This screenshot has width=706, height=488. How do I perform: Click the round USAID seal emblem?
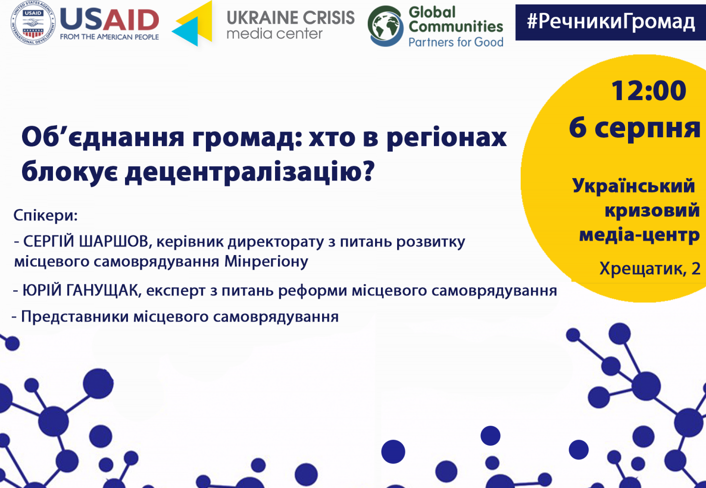[33, 23]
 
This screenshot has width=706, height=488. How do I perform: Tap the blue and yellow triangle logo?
[192, 24]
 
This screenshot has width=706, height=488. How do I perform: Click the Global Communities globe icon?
[385, 26]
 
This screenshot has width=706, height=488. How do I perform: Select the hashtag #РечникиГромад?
[611, 22]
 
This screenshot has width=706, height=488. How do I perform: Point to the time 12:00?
[649, 91]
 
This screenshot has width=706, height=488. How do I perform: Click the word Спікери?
[46, 216]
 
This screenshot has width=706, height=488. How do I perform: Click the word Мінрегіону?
[266, 261]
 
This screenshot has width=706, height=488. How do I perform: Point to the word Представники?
[75, 316]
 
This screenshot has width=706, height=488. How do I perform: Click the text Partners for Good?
[456, 42]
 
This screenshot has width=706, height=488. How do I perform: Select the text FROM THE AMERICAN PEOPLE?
[109, 37]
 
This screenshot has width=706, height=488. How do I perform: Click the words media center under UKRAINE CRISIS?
[275, 34]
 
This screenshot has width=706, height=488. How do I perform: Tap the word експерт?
[176, 291]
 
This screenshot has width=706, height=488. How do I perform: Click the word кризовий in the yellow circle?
[652, 210]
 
